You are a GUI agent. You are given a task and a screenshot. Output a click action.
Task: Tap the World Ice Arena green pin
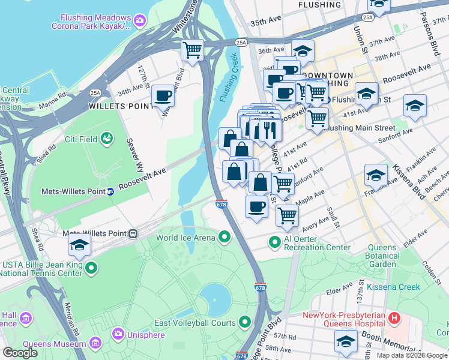click(224, 238)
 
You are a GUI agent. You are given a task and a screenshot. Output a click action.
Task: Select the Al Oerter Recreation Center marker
click(275, 242)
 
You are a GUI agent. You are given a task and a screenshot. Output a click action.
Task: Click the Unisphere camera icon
click(118, 333)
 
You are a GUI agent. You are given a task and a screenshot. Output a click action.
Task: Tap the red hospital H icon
click(394, 317)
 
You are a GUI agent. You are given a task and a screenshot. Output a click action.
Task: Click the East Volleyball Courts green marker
click(244, 323)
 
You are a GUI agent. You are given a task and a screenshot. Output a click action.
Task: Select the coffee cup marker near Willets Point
click(162, 95)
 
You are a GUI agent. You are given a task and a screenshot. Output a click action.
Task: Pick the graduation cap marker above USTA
click(79, 244)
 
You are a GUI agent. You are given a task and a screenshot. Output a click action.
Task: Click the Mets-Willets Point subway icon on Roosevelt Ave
click(110, 192)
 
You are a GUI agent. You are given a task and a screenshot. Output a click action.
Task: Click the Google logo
click(20, 353)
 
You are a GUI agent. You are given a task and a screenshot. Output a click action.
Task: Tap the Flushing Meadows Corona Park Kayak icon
click(140, 21)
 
